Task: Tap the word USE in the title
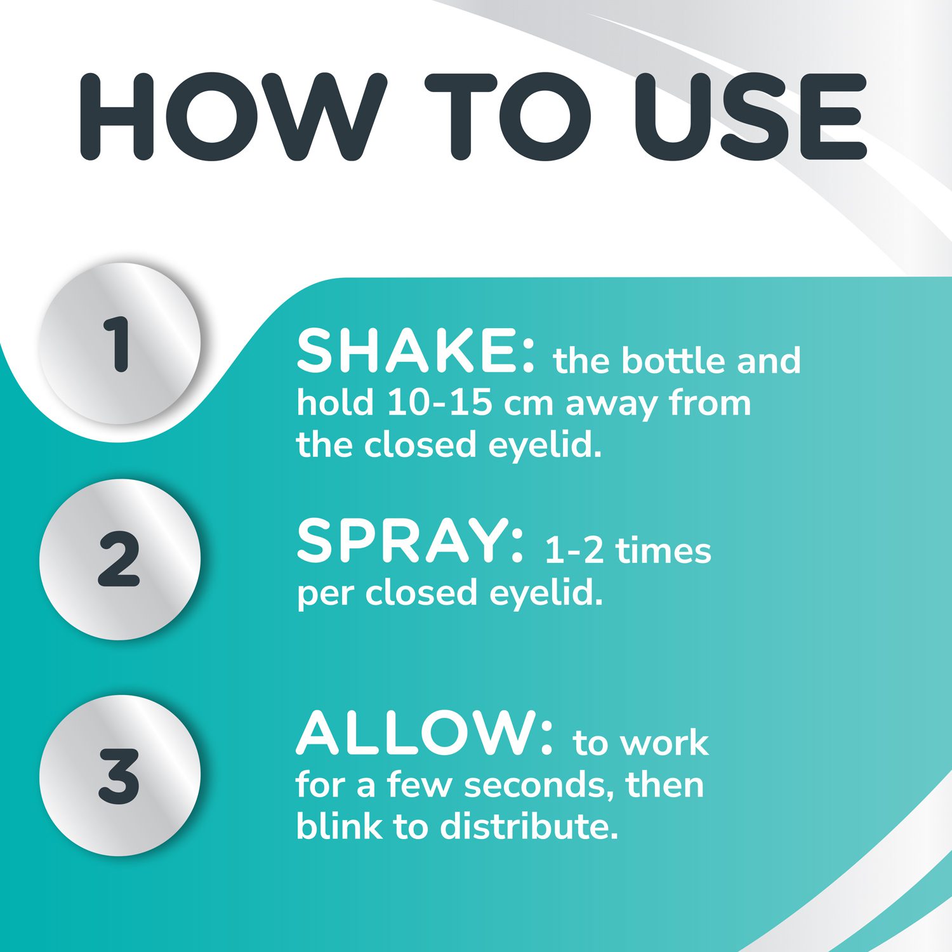point(750,117)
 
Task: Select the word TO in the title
point(508,117)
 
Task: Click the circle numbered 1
point(119,343)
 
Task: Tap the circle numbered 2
point(119,559)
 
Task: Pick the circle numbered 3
point(119,775)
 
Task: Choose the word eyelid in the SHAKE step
point(545,446)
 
